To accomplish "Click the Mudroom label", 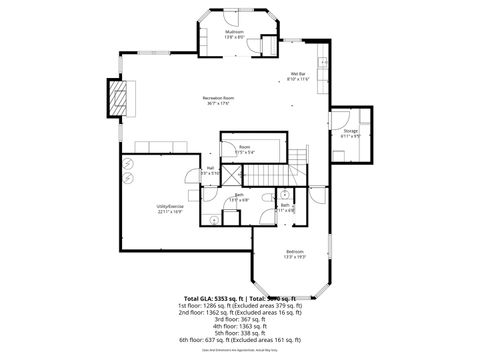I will (x=235, y=33).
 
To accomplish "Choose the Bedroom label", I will (x=294, y=250).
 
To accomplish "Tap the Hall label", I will (x=210, y=167).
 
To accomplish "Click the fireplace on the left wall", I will (x=118, y=98).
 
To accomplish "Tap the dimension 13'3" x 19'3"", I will (x=294, y=256).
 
